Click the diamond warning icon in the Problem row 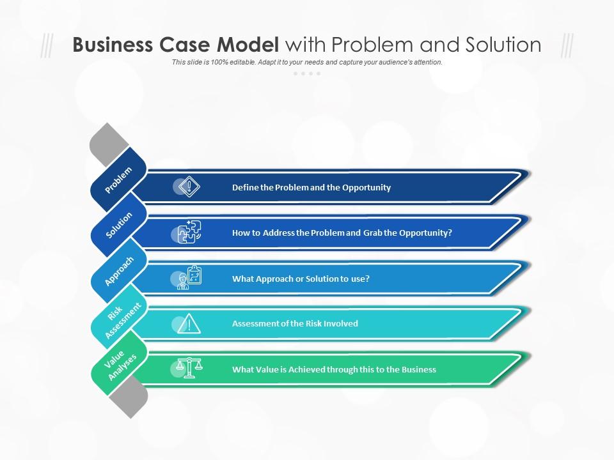[189, 187]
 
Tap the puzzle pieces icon [189, 232]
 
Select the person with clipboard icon [189, 277]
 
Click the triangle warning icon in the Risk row [189, 323]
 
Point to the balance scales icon [189, 368]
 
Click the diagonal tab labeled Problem [118, 180]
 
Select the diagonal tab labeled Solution [119, 225]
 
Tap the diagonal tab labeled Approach [119, 271]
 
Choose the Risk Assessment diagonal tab [119, 316]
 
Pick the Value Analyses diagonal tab [119, 362]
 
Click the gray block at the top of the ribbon [109, 144]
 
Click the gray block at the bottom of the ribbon [129, 398]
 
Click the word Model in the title [248, 44]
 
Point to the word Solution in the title [503, 44]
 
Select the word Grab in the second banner [372, 233]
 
